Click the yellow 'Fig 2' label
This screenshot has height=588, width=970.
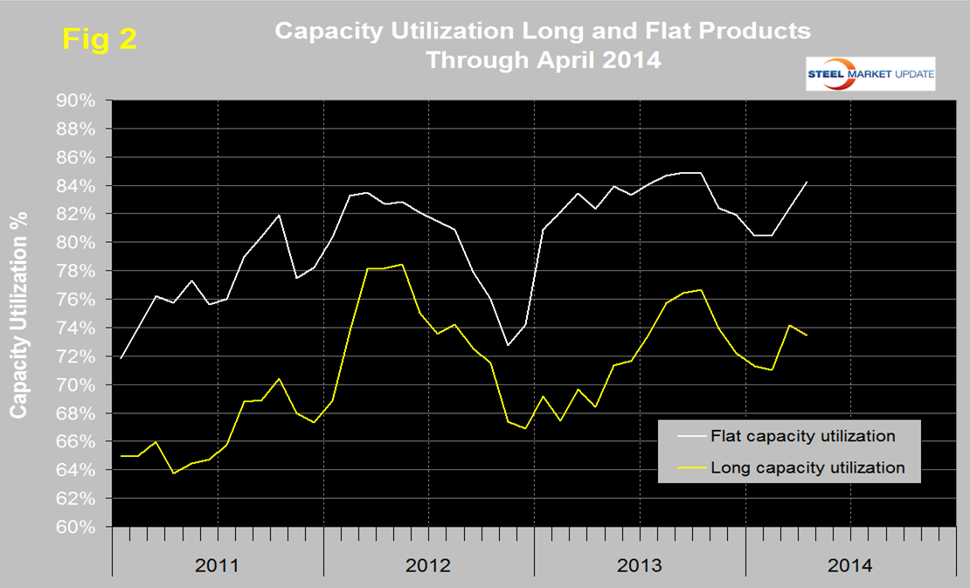tap(99, 38)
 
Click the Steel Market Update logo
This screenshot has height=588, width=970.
tap(870, 73)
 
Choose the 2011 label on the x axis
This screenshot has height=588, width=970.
tap(218, 565)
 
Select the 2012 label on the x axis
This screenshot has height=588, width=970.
tap(428, 565)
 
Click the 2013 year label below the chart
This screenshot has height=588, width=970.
tap(640, 565)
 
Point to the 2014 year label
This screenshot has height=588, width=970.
tap(850, 565)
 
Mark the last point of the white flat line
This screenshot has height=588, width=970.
tap(806, 182)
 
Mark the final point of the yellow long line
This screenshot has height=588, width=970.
tap(806, 335)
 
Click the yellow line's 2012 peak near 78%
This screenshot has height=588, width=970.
tap(401, 264)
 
